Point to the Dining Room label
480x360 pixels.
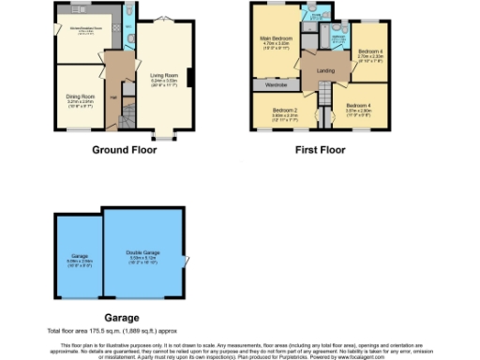click(79, 96)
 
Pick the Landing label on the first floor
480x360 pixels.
click(325, 71)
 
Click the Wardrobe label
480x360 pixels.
click(276, 85)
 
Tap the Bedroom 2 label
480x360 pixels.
click(285, 111)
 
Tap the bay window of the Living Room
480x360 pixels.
click(164, 137)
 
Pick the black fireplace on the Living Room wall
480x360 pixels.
click(191, 79)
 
